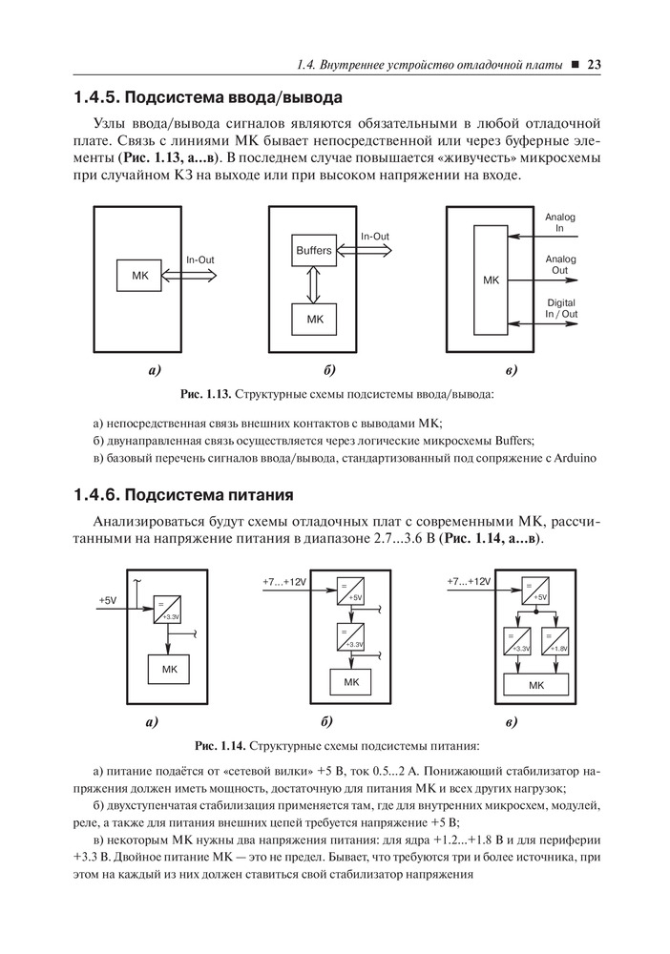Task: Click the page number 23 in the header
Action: coord(594,65)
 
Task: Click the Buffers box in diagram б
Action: coord(313,250)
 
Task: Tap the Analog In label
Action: coord(560,222)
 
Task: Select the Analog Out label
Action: coord(560,264)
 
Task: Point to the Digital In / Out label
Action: coord(561,308)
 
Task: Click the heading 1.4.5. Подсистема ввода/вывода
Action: coord(207,97)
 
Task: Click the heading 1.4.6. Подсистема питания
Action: coord(182,494)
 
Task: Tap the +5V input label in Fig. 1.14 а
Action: coord(108,600)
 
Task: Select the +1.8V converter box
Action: coord(555,641)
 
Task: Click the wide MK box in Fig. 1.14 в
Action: coord(536,685)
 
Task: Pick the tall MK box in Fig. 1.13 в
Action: coord(491,280)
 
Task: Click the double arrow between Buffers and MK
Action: coord(313,284)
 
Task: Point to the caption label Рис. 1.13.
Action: coord(206,394)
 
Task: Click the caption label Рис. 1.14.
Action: coord(220,745)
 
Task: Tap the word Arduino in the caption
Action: coord(576,458)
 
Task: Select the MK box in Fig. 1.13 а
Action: coord(140,275)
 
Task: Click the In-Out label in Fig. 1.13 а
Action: coord(200,259)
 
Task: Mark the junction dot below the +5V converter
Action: coord(536,611)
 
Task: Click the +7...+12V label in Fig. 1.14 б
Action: coord(284,582)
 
